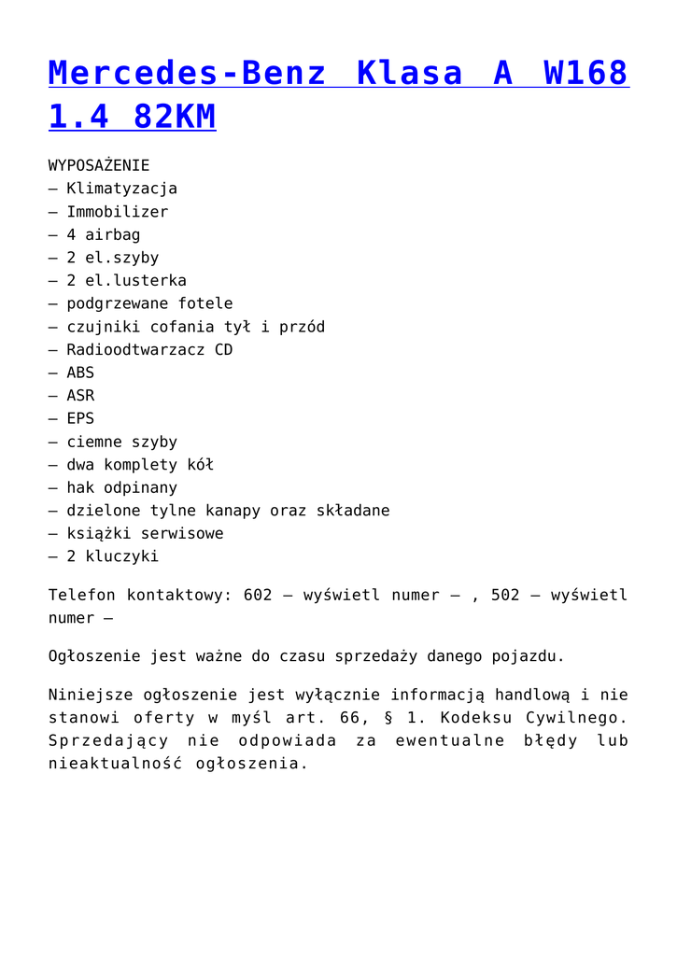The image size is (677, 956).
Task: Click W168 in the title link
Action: tap(585, 73)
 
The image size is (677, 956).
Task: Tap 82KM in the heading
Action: tap(175, 117)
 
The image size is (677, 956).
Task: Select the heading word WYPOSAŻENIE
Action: tap(99, 165)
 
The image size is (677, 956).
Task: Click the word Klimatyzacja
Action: tap(121, 189)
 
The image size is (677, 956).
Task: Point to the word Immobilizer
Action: tap(117, 212)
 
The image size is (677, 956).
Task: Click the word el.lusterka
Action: tap(135, 281)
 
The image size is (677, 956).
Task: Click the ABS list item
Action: tap(80, 373)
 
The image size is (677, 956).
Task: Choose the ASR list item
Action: tap(80, 396)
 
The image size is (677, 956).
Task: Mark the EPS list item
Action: tap(80, 418)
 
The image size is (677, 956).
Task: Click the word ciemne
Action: tap(93, 442)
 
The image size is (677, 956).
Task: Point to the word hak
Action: tap(80, 487)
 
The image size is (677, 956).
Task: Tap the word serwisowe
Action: tap(182, 534)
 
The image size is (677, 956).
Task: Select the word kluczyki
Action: tap(121, 556)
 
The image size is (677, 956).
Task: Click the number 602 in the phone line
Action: tap(257, 595)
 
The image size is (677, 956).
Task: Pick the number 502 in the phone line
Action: tap(505, 595)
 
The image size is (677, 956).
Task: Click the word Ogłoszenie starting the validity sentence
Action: tap(93, 656)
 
